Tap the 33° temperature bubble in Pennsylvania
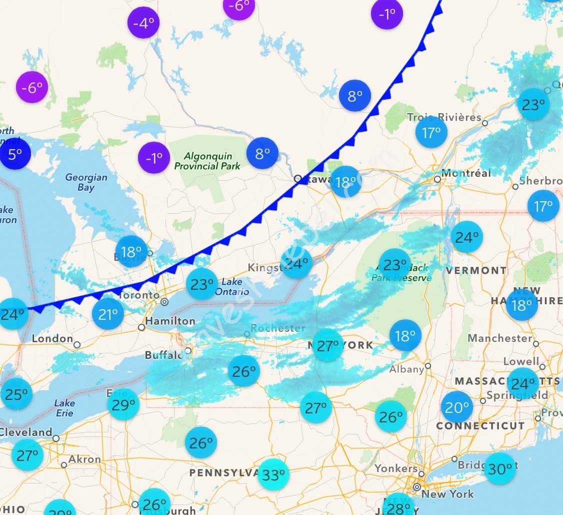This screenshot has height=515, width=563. [273, 474]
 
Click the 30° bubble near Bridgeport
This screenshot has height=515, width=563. [500, 468]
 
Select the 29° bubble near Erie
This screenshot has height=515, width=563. [123, 404]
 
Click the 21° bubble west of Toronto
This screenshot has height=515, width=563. [108, 314]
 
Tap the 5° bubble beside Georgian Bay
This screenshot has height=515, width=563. [15, 154]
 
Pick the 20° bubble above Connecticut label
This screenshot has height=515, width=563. [457, 407]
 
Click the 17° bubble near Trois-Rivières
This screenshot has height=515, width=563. [431, 133]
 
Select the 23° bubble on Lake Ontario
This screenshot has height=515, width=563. [202, 284]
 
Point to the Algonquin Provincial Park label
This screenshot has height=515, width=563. [207, 161]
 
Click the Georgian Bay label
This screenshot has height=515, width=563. [86, 182]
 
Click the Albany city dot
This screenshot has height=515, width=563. [428, 366]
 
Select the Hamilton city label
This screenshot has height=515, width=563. [170, 321]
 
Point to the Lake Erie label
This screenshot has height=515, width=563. [64, 408]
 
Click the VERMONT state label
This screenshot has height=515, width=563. [476, 270]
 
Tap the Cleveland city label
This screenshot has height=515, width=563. [26, 432]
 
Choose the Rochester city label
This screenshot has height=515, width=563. [278, 328]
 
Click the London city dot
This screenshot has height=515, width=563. [77, 344]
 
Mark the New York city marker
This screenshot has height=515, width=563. [416, 487]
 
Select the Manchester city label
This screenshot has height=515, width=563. [500, 338]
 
